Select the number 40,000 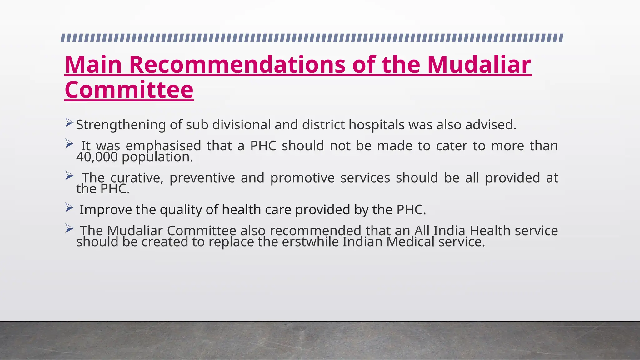[x=97, y=157]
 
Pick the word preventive [x=202, y=178]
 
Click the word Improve [x=106, y=210]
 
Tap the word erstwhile [x=310, y=242]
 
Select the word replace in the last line [x=231, y=242]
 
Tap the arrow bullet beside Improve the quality [x=69, y=207]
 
